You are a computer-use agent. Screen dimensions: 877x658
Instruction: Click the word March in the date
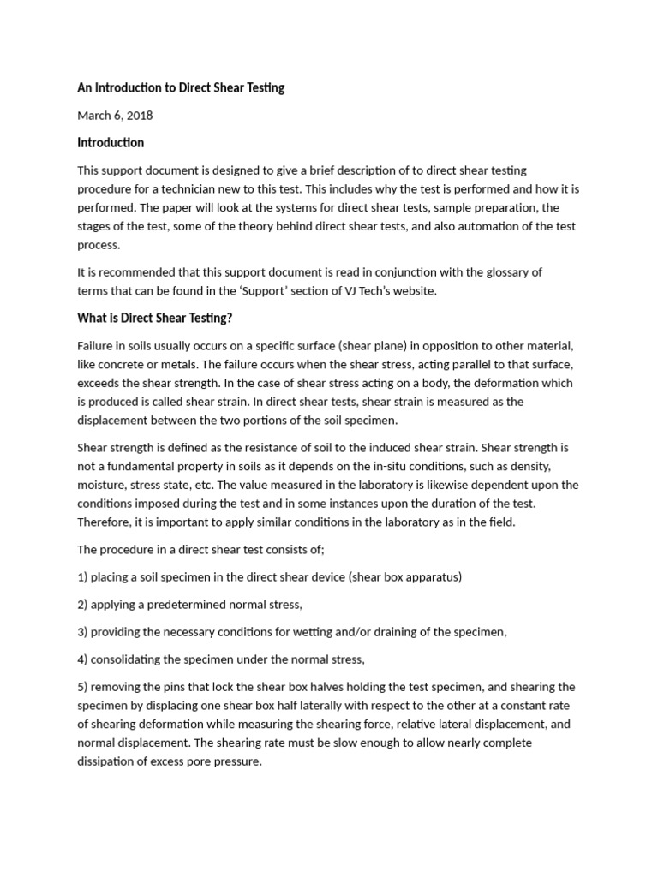click(95, 115)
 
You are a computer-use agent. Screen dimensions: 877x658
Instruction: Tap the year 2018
click(139, 115)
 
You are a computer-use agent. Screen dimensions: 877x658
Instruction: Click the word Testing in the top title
click(263, 87)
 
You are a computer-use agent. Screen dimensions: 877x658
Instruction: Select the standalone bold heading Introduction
click(111, 142)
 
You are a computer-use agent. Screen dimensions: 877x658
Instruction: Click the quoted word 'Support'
click(304, 290)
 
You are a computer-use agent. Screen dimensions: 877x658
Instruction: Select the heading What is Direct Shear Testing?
click(155, 318)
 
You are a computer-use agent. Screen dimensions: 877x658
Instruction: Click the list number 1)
click(83, 576)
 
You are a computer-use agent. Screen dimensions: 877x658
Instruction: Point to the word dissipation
click(110, 761)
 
